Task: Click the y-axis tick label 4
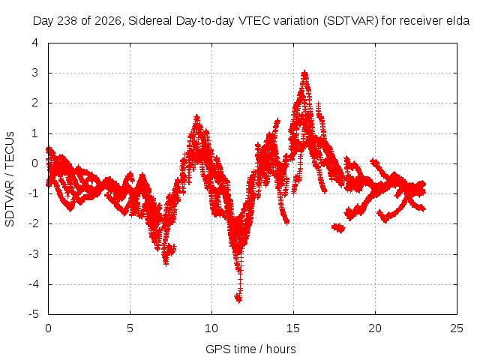(35, 43)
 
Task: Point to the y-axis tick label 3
(35, 73)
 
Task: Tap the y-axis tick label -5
(34, 314)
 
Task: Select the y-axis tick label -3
(34, 254)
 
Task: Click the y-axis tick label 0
(35, 163)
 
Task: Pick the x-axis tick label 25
(457, 328)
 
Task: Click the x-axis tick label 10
(211, 328)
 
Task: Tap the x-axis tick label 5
(130, 328)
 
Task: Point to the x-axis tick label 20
(375, 328)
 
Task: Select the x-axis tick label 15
(293, 328)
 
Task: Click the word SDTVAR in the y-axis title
(10, 203)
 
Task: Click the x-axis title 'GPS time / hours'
(250, 349)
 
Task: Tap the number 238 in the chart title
(68, 21)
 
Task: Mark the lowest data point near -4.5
(238, 298)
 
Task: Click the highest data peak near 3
(304, 73)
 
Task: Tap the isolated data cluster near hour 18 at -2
(338, 228)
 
